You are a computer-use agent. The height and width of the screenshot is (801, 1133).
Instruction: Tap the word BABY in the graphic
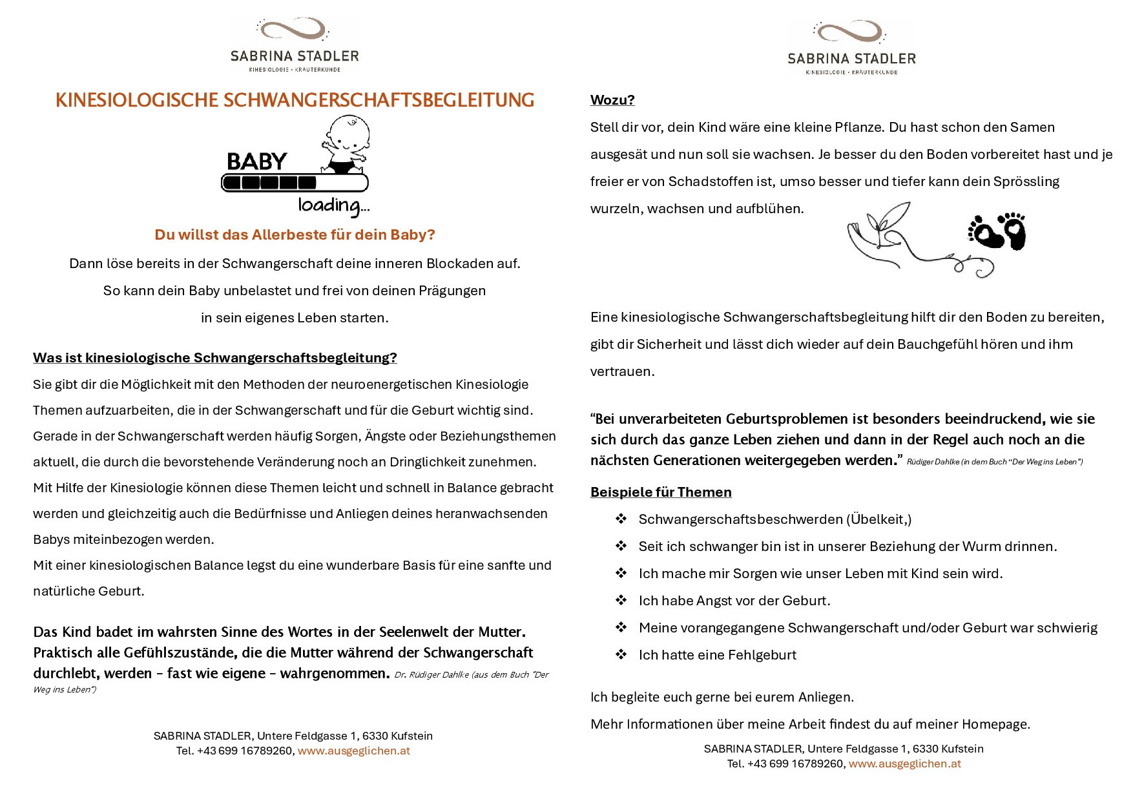[x=257, y=161]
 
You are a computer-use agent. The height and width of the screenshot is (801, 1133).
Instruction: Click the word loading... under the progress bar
[x=333, y=205]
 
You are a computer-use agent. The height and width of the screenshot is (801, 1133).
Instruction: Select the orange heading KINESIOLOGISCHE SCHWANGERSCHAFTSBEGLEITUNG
[x=295, y=100]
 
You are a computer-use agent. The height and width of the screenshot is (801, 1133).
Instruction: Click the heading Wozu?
[x=612, y=100]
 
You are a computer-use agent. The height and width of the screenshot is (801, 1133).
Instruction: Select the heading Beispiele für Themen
[x=661, y=492]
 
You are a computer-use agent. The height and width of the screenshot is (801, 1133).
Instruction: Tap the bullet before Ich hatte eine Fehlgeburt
[x=621, y=655]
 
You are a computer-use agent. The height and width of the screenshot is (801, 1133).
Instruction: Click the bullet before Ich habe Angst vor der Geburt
[x=621, y=601]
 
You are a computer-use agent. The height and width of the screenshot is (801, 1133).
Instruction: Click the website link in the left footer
[x=353, y=751]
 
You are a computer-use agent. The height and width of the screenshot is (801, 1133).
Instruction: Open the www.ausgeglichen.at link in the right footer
[x=904, y=764]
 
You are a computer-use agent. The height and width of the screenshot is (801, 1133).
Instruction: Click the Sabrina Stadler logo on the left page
[x=295, y=45]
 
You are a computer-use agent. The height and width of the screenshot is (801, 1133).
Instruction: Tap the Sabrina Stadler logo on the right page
[x=851, y=48]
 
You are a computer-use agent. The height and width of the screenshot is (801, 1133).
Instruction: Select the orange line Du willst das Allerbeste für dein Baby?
[x=295, y=234]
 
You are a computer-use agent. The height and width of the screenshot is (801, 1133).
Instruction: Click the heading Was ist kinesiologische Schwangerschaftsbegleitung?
[x=215, y=358]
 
